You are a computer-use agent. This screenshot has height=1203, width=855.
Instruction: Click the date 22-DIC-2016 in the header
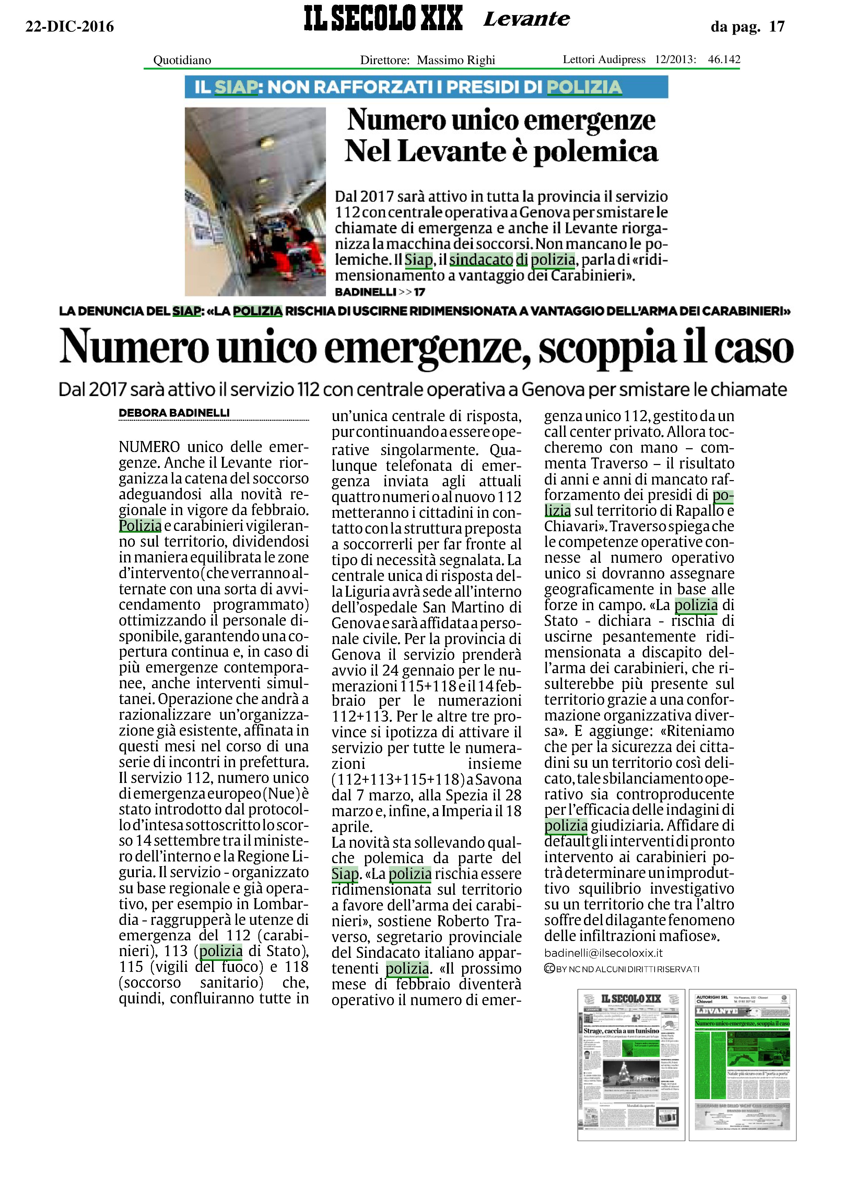tap(70, 26)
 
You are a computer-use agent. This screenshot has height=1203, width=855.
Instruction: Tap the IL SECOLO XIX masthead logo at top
tap(383, 19)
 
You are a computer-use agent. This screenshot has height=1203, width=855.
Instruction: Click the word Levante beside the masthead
tap(526, 20)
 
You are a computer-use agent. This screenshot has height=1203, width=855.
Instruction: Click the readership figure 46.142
tap(724, 59)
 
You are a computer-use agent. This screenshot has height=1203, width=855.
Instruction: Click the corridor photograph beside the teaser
tap(255, 202)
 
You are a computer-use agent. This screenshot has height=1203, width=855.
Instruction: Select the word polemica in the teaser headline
tap(596, 152)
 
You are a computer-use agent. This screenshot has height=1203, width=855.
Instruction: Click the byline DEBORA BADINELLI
tap(174, 413)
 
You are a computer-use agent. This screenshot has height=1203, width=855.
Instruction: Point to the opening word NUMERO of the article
tap(150, 447)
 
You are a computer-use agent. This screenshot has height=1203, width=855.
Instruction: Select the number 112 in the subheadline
tap(308, 390)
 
